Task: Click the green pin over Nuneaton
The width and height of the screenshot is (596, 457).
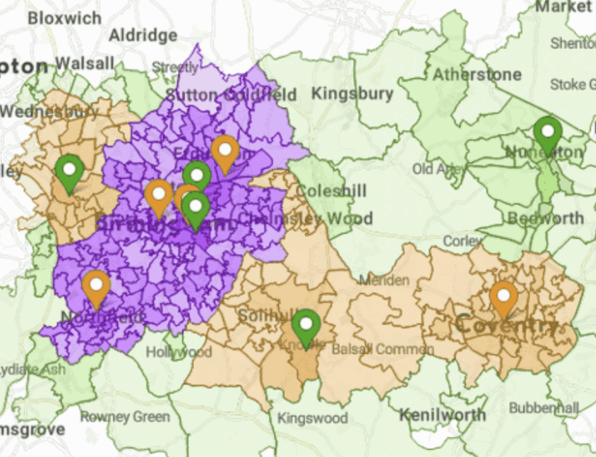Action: point(547,133)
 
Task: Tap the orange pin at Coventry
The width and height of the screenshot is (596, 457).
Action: point(504,297)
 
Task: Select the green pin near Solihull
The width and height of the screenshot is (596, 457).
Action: point(306,325)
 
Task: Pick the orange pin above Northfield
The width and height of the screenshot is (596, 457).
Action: point(96,286)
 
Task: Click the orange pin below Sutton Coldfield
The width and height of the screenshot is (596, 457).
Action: point(225,152)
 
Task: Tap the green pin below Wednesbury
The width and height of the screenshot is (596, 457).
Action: point(69,171)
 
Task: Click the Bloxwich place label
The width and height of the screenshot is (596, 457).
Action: point(64,18)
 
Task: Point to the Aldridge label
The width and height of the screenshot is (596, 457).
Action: point(143,35)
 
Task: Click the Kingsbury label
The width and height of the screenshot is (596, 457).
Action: point(352,94)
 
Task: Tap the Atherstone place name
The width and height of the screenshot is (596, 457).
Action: point(477,74)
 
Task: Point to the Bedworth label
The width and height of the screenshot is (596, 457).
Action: point(545,218)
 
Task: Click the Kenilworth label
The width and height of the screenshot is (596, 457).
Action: point(442,415)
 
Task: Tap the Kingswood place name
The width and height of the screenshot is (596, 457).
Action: point(313,419)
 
